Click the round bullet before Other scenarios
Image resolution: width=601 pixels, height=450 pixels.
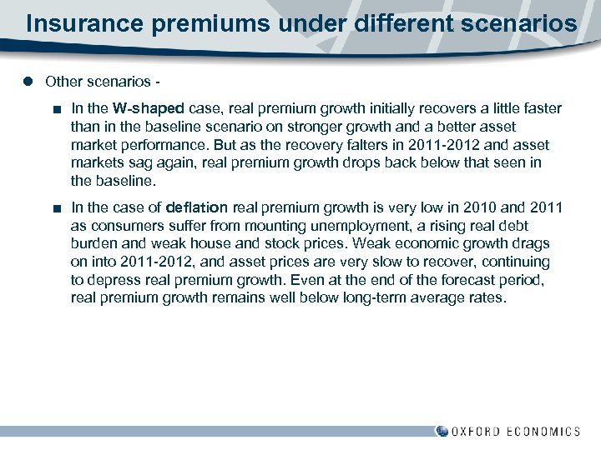(x=28, y=82)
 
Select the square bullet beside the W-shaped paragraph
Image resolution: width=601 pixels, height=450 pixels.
(x=55, y=108)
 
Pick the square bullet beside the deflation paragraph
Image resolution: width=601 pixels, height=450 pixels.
(x=55, y=207)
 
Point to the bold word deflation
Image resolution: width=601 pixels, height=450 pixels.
(x=197, y=207)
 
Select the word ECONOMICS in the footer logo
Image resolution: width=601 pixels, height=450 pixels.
(x=548, y=432)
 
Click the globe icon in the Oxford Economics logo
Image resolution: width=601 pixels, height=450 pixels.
(x=442, y=431)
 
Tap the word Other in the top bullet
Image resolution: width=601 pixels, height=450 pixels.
(x=63, y=82)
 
